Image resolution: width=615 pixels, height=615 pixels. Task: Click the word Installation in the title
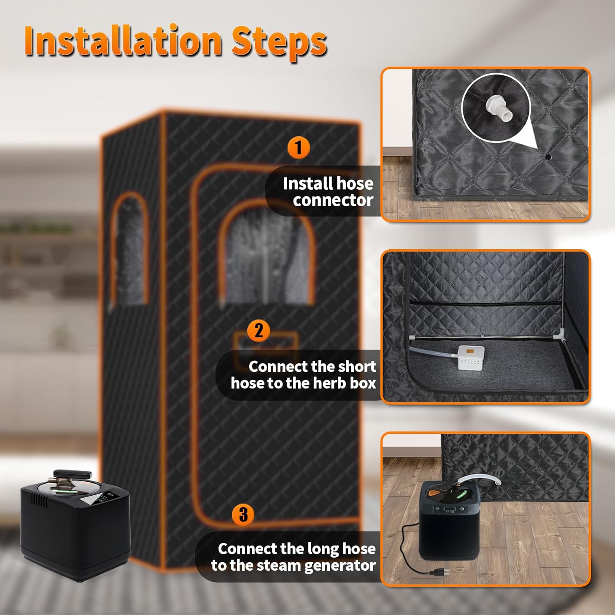point(123,41)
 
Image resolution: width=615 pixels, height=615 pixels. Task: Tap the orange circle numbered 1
point(298,148)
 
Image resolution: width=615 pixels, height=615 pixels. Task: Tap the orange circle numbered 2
point(259,330)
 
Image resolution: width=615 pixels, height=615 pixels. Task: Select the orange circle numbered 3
point(243,514)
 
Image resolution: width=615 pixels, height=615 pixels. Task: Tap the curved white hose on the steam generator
point(484,480)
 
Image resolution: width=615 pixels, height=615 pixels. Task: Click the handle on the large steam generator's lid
point(72,476)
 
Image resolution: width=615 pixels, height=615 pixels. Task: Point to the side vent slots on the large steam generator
point(40,501)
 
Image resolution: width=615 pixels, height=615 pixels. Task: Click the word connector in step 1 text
point(333,200)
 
